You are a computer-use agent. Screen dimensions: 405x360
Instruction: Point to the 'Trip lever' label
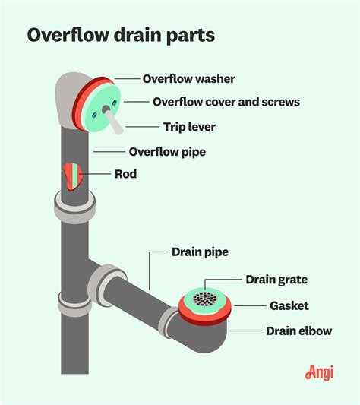click(190, 127)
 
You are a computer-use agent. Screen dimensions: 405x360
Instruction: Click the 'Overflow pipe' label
click(167, 152)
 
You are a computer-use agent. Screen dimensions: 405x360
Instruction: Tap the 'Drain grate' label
click(276, 280)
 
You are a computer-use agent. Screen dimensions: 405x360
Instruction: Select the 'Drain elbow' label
click(298, 331)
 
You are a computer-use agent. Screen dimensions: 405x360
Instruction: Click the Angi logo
click(321, 373)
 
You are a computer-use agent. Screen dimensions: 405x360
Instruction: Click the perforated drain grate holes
click(204, 299)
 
